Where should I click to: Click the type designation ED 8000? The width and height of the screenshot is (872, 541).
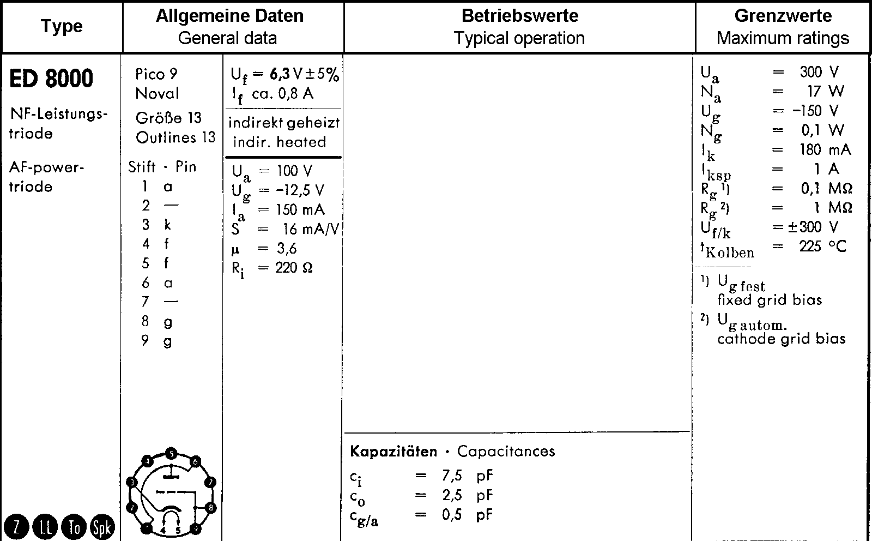[x=51, y=79]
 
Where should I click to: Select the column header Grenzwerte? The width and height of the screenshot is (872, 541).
[x=783, y=15]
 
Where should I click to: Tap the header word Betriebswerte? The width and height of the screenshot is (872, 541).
[x=519, y=15]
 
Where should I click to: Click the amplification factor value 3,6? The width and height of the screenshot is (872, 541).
[x=287, y=249]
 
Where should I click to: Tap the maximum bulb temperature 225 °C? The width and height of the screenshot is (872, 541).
[x=823, y=247]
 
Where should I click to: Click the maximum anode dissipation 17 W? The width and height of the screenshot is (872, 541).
[x=825, y=91]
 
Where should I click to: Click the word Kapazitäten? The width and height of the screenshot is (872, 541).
[x=393, y=452]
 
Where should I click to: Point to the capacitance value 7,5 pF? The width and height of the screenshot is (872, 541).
[x=467, y=476]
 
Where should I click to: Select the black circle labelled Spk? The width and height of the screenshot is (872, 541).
[x=102, y=527]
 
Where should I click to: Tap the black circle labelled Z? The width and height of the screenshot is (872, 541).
[x=16, y=527]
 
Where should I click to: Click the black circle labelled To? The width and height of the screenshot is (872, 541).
[x=74, y=527]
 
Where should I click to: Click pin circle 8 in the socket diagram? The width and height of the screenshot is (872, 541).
[x=211, y=508]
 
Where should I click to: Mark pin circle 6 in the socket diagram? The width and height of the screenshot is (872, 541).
[x=196, y=461]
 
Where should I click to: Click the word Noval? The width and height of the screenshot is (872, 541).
[x=157, y=94]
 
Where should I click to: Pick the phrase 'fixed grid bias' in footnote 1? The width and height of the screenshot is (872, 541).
[x=770, y=300]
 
